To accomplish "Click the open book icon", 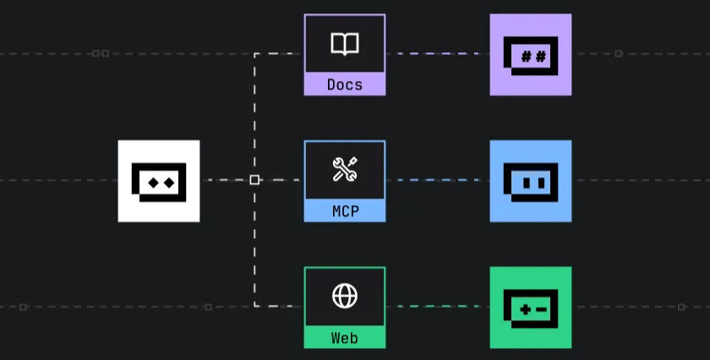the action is click(345, 44).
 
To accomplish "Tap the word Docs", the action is click(345, 85).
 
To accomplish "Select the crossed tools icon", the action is click(345, 169).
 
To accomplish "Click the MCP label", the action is click(345, 211).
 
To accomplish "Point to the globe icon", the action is click(345, 296).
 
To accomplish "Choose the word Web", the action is click(345, 338).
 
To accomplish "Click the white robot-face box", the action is click(159, 181).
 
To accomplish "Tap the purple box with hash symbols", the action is click(531, 55).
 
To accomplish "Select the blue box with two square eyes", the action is click(531, 181).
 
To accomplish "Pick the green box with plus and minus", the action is click(531, 308).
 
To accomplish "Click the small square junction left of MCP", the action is click(254, 180).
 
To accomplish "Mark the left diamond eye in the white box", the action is click(154, 183).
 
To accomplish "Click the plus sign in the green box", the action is click(525, 310).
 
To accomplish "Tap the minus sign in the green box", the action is click(541, 310).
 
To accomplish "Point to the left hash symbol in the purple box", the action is click(526, 57).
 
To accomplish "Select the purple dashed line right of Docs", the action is click(438, 54).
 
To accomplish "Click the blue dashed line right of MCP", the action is click(438, 180).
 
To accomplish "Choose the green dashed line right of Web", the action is click(438, 307).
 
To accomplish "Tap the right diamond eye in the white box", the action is click(169, 183).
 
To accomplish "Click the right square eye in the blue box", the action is click(541, 183).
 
